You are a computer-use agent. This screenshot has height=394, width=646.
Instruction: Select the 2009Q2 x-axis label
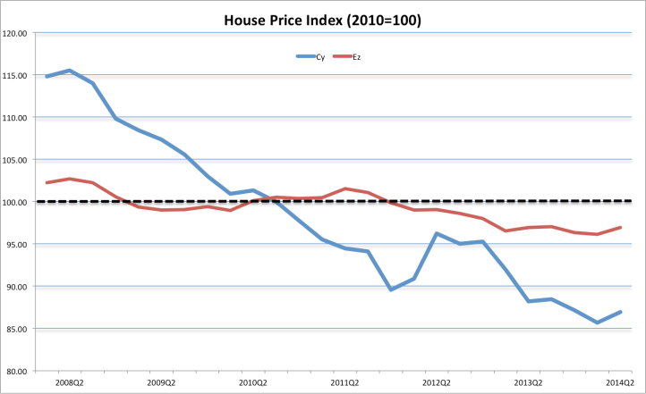point(161,381)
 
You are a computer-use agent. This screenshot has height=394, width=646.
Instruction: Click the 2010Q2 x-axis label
point(253,381)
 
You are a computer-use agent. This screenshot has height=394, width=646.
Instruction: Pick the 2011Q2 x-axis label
point(345,381)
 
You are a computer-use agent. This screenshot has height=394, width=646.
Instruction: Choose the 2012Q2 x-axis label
point(437,381)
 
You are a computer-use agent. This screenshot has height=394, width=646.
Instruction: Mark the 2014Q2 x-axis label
point(620,381)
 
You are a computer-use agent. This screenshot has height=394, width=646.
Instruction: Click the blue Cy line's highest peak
point(70,71)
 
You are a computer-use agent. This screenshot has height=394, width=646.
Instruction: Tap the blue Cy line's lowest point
point(597,323)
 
